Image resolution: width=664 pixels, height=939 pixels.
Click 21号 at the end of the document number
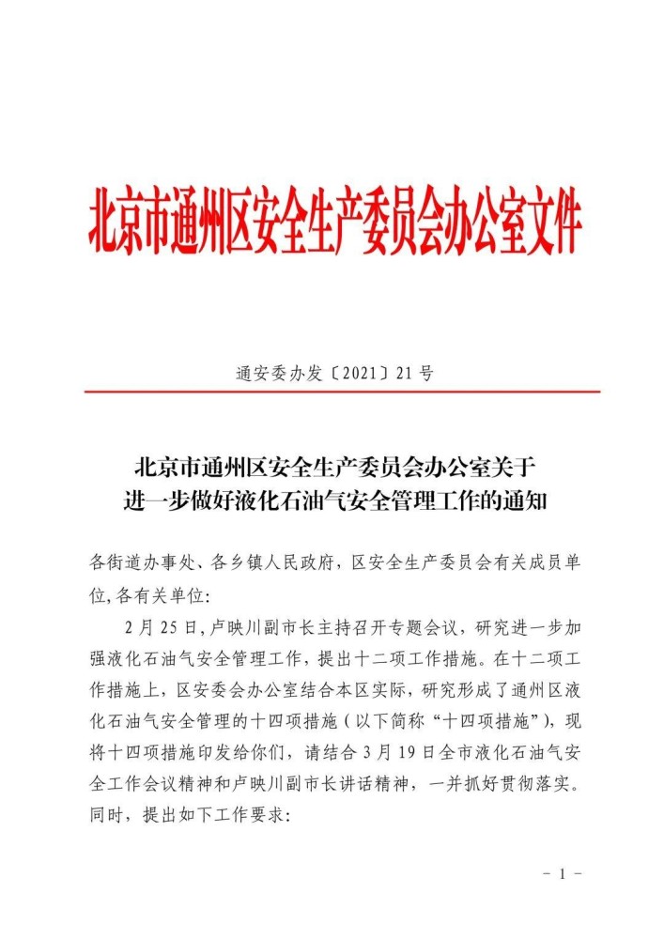[414, 373]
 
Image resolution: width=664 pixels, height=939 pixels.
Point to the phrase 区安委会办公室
[231, 685]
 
